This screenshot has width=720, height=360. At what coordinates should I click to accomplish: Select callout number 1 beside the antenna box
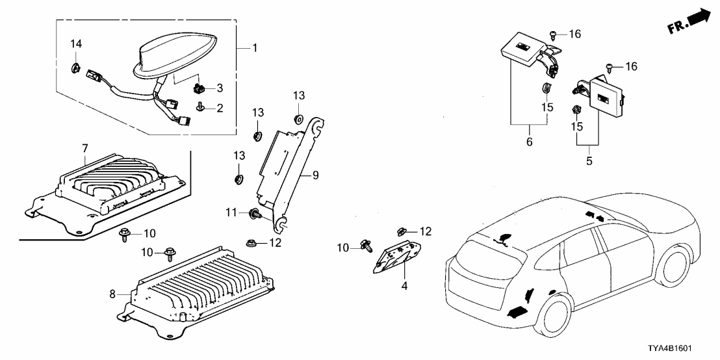[x=254, y=47]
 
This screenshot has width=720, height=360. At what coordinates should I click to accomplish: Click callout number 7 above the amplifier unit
[x=84, y=149]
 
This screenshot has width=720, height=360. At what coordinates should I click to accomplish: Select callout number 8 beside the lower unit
[x=112, y=294]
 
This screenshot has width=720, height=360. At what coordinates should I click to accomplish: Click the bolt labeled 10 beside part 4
[x=366, y=246]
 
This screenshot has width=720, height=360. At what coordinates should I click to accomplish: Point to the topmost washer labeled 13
[x=298, y=118]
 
